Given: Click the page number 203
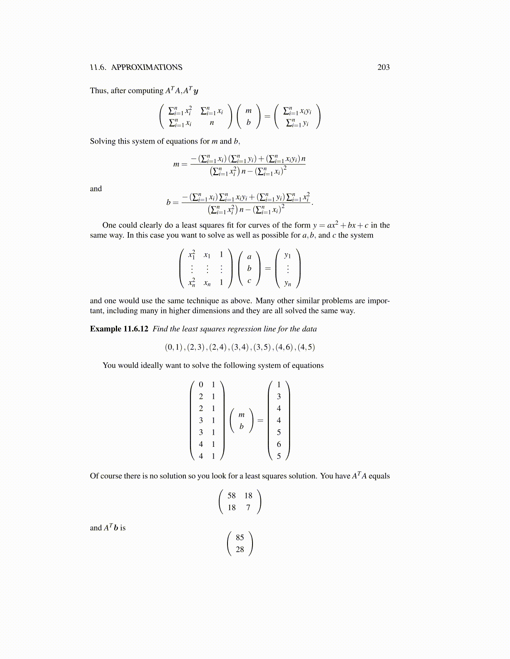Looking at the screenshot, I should tap(383, 67).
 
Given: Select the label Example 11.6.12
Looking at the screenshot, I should tap(119, 329).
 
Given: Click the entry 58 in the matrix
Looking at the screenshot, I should tap(232, 495).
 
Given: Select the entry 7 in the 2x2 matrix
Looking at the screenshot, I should tap(248, 508).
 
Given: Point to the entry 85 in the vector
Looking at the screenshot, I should tap(240, 538).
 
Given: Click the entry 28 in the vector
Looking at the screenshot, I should tap(240, 550).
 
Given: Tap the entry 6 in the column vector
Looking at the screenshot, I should tap(279, 444).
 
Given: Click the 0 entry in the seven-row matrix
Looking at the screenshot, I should tap(201, 385).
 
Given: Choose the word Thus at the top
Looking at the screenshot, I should tap(98, 91).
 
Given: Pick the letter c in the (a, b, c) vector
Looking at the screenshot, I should tap(249, 280).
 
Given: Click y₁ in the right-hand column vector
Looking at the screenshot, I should tap(287, 255).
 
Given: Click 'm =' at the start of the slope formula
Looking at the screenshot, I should tap(180, 164).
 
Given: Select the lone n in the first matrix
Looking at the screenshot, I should tap(212, 123).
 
